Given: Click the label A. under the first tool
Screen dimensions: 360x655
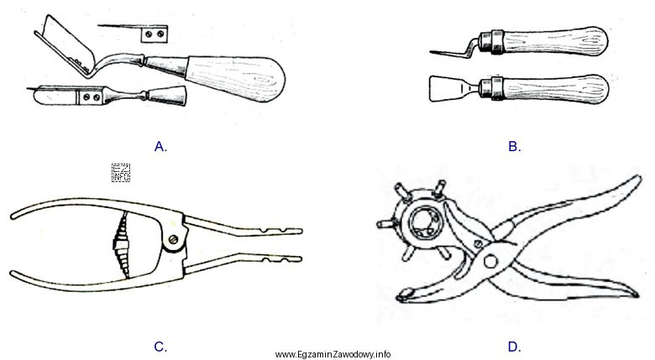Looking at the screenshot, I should [x=161, y=146].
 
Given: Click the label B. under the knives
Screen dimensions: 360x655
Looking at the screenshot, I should [x=514, y=146].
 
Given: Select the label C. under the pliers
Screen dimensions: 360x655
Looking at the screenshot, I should [x=161, y=346].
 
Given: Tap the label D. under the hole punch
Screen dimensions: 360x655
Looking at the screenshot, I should [x=514, y=346].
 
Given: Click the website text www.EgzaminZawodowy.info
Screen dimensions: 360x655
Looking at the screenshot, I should [x=334, y=353].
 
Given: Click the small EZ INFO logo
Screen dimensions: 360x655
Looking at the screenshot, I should [x=121, y=174].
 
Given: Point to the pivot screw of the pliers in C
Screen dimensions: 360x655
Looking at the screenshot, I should [x=174, y=241].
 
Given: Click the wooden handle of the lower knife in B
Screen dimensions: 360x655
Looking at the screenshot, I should [x=554, y=86].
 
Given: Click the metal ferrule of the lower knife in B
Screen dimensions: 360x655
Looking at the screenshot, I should [x=490, y=86].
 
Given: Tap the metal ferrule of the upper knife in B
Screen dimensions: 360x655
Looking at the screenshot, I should [x=490, y=40].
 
